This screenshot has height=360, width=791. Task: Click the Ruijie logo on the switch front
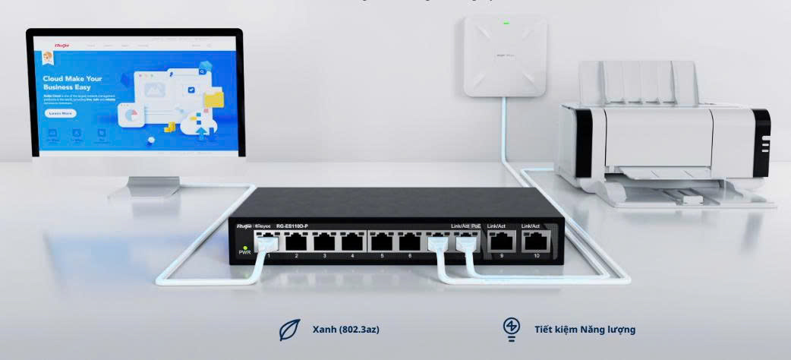pos(244,226)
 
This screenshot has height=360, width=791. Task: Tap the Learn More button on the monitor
pos(61,113)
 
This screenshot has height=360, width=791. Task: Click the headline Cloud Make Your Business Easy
pos(72,83)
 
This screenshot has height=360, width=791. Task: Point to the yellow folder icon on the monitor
pos(214,99)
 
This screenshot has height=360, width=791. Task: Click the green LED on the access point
pos(506,23)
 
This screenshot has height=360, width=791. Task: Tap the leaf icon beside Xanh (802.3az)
pos(288,329)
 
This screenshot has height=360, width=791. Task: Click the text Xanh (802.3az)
pos(345,329)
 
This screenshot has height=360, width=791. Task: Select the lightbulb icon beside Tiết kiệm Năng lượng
pos(512,327)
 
